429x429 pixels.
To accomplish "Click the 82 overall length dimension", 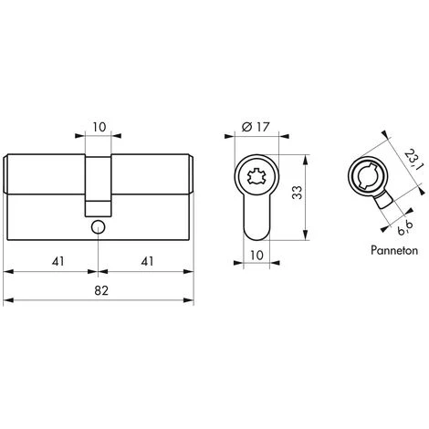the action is pyautogui.click(x=101, y=290).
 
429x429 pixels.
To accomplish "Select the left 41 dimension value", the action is pyautogui.click(x=58, y=261).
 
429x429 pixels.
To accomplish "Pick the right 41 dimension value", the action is pyautogui.click(x=147, y=261).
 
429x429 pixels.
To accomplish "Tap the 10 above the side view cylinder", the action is pyautogui.click(x=99, y=127).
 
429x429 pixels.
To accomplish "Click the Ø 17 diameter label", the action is pyautogui.click(x=256, y=127).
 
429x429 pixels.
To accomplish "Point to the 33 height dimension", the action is pyautogui.click(x=298, y=193).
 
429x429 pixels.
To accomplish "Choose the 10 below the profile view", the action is pyautogui.click(x=256, y=256).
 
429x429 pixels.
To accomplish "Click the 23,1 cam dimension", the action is pyautogui.click(x=413, y=159).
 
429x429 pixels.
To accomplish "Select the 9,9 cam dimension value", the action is pyautogui.click(x=405, y=228).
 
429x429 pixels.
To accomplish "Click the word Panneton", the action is pyautogui.click(x=394, y=250).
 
